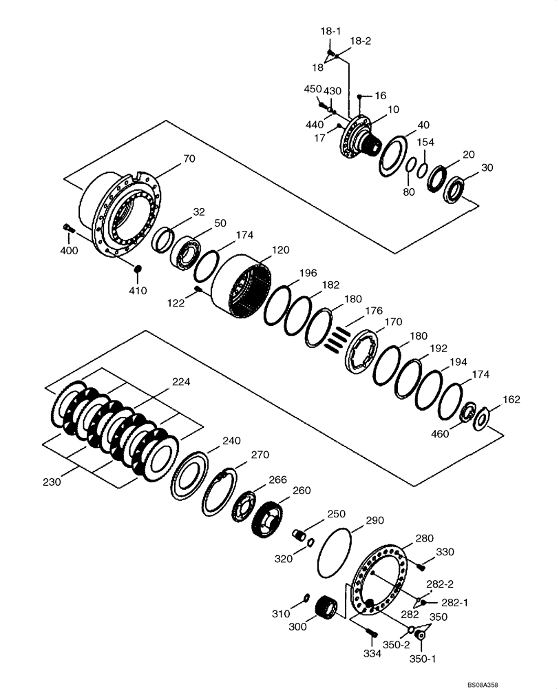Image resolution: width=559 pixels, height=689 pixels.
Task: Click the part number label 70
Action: [189, 159]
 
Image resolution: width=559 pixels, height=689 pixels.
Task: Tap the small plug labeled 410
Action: [137, 269]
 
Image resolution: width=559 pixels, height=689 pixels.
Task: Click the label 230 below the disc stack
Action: [51, 482]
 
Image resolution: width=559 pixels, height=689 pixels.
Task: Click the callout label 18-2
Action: [361, 41]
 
